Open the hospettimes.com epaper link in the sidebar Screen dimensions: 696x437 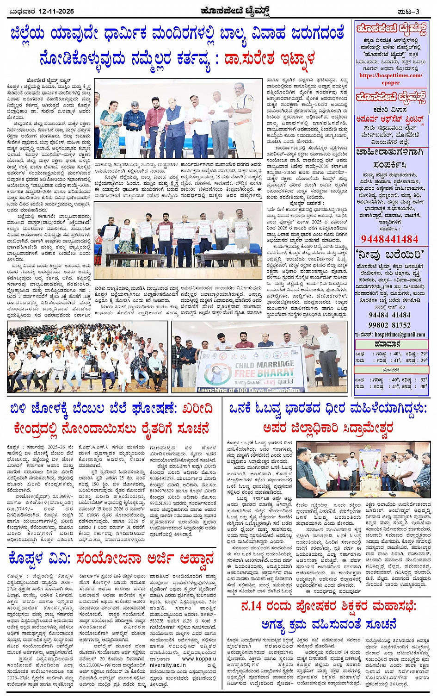391,79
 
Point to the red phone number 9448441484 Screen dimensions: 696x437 390,239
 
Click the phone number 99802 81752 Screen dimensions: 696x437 390,325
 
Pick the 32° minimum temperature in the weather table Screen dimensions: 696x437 423,379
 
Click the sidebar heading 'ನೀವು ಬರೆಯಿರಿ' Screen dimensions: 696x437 390,255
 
